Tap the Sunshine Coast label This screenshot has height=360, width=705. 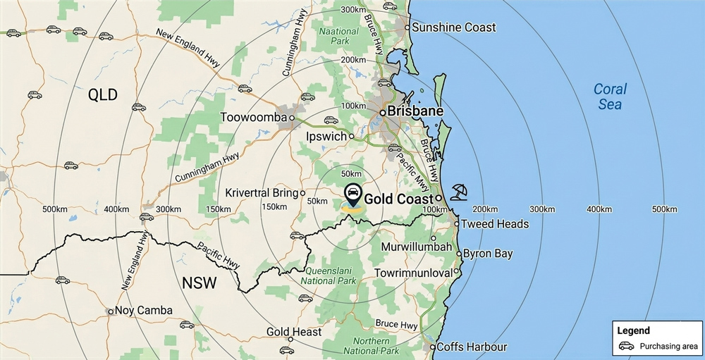[453, 27]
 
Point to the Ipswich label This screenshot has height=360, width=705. [326, 136]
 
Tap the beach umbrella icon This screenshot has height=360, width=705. [459, 191]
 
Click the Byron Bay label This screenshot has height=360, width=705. [488, 254]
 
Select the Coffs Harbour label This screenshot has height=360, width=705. [472, 347]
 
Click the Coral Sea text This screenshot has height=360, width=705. [610, 97]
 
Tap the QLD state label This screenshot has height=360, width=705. [103, 95]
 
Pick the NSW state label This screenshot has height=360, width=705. [199, 283]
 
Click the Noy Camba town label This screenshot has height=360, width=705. [144, 311]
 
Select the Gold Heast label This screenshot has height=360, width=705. [294, 332]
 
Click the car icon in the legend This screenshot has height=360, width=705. [626, 346]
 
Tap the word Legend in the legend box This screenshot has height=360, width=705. [633, 330]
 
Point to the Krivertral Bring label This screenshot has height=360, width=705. [262, 192]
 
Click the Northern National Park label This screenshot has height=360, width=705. [371, 346]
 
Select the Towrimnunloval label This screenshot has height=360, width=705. [413, 272]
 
